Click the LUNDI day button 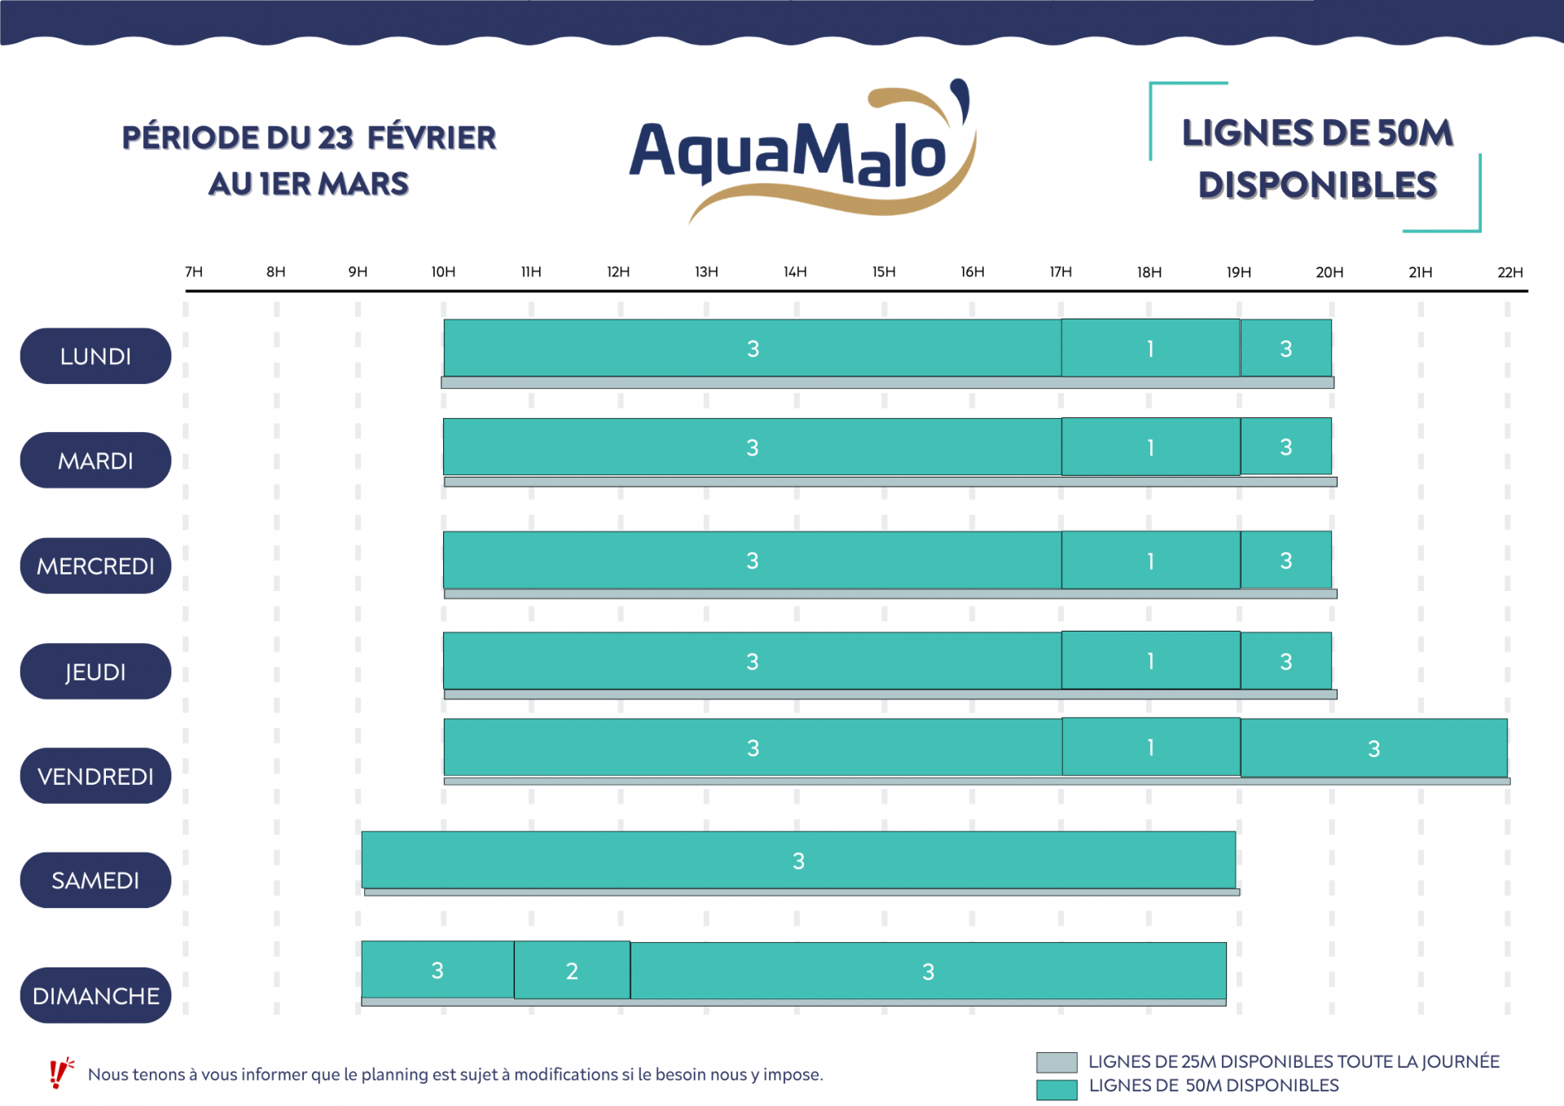95,356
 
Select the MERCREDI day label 95,566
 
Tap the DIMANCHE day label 95,995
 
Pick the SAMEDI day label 95,880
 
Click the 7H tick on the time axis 194,272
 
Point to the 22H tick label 1509,272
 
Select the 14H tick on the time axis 795,272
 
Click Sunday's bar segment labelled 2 572,970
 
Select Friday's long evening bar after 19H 1373,748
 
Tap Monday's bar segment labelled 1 1150,349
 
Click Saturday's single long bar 798,860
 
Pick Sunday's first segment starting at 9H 437,970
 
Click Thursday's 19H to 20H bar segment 1285,661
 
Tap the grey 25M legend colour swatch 1057,1062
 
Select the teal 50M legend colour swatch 1057,1089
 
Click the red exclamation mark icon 59,1073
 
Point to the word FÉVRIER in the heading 432,138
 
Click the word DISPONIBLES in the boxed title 1317,185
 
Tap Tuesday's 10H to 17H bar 752,447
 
